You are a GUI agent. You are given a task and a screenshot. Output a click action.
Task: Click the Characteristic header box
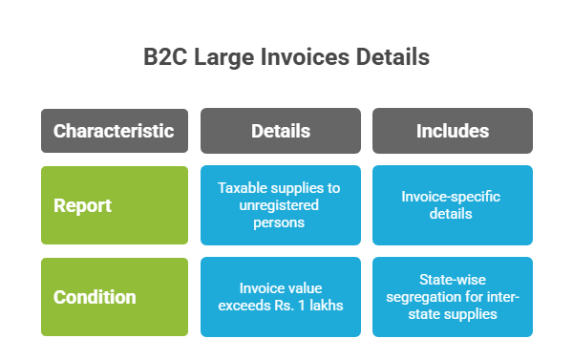point(114,131)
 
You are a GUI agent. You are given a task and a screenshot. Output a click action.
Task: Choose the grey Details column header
point(280,131)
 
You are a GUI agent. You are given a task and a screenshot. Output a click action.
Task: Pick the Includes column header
point(453,131)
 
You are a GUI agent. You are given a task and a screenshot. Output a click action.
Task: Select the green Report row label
point(114,205)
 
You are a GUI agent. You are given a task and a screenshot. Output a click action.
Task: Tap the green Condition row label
point(114,297)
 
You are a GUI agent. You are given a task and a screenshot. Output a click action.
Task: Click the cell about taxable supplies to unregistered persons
point(280,205)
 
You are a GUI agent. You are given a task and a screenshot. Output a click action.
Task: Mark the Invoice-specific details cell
point(453,205)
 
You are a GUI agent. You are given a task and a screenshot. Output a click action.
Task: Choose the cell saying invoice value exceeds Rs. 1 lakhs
point(280,297)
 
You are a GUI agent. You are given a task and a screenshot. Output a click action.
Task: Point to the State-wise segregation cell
point(453,297)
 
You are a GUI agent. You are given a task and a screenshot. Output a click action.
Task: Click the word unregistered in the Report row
point(280,205)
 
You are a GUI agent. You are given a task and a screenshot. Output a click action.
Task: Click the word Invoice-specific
point(453,197)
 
